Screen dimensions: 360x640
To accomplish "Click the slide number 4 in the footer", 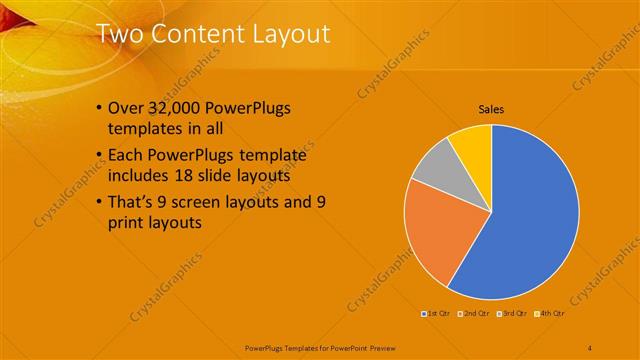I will pos(590,347).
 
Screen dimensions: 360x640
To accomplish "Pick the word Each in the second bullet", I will pos(126,156).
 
